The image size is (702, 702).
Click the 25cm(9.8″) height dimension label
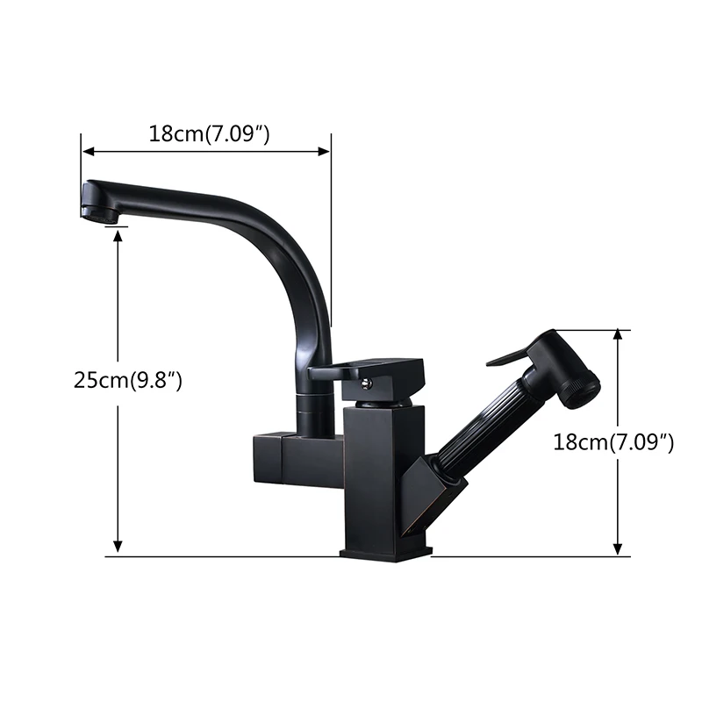click(128, 381)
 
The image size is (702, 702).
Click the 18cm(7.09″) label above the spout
click(209, 133)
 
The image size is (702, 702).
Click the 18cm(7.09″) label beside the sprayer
click(612, 442)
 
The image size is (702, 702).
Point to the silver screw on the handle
click(367, 382)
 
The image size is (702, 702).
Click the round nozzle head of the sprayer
click(582, 388)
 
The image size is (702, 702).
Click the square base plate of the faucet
click(386, 554)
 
